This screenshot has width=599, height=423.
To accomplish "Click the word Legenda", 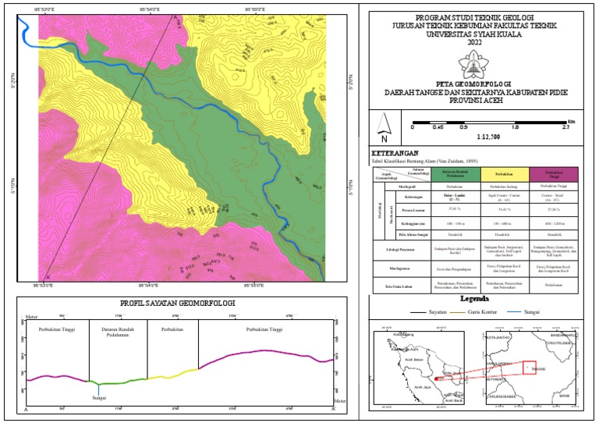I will [475, 299].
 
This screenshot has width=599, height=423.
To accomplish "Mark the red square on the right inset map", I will [530, 368].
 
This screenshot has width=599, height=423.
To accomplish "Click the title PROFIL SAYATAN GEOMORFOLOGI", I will [179, 303].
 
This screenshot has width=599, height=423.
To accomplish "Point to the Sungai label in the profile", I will [99, 398].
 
